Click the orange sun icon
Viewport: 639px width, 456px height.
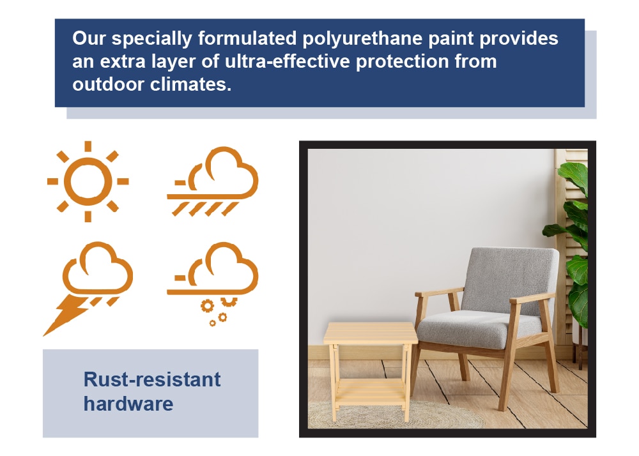click(88, 181)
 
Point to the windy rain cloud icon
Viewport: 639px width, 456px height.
click(213, 181)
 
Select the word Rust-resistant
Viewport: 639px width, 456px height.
click(152, 379)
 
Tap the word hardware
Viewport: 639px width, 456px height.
click(128, 404)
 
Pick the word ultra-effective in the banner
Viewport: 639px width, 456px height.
click(288, 61)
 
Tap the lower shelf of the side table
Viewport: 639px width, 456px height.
click(371, 391)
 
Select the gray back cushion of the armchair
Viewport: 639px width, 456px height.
click(510, 281)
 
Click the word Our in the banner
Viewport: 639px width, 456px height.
click(89, 38)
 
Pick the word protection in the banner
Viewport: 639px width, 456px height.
click(402, 62)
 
